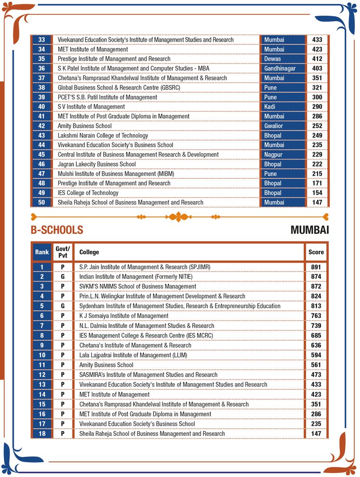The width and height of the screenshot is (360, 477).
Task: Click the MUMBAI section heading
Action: (x=309, y=230)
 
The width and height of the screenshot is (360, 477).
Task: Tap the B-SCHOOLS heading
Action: (x=57, y=230)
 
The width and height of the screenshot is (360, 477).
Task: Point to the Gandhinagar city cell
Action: (x=279, y=69)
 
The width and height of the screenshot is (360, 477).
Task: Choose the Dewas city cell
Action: (x=272, y=59)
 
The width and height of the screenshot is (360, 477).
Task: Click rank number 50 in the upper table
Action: (x=41, y=203)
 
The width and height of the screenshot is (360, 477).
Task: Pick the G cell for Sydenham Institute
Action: (x=63, y=306)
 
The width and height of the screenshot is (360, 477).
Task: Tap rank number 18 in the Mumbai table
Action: (x=42, y=434)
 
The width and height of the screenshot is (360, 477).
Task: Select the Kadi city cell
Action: (x=270, y=107)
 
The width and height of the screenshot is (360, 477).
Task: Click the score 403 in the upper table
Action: (x=317, y=69)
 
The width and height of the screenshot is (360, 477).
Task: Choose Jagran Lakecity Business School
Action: (x=97, y=164)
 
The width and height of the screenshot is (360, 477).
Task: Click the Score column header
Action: (x=316, y=252)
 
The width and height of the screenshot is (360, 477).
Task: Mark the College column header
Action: (x=89, y=252)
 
